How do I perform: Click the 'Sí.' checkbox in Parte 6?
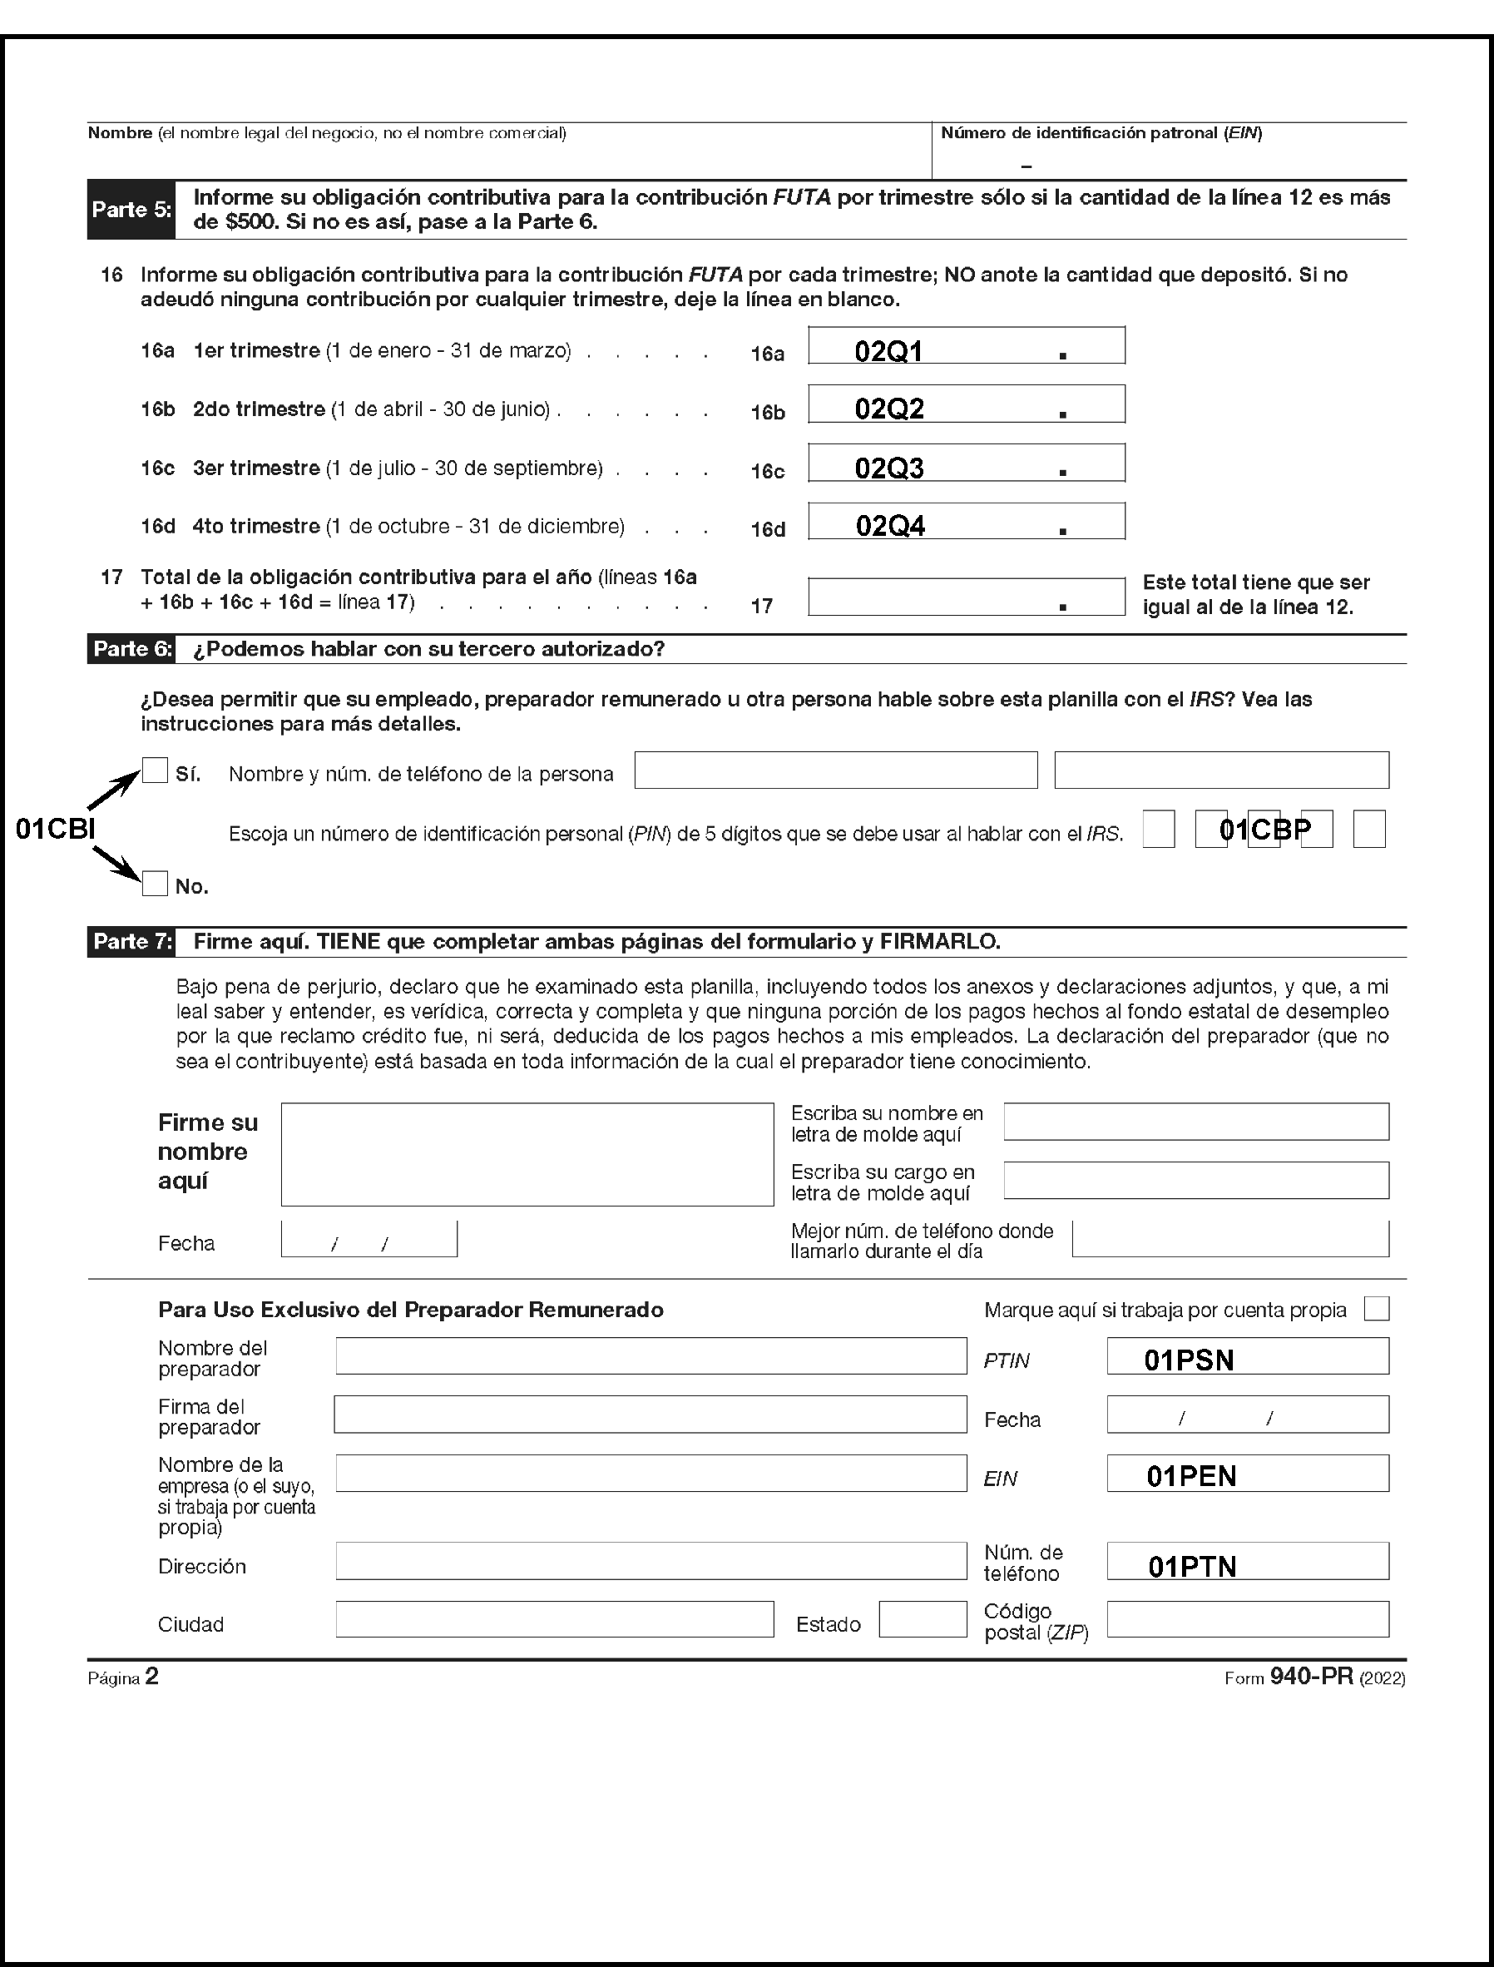(x=155, y=770)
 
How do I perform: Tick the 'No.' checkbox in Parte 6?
(x=155, y=884)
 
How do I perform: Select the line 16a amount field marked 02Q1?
(x=966, y=346)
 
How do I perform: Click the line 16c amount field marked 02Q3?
(x=966, y=463)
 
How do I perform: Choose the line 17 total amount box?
(x=966, y=596)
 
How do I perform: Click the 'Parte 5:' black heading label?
(x=131, y=210)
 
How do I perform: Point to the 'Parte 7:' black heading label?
(x=131, y=941)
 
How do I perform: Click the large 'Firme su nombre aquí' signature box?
(x=527, y=1154)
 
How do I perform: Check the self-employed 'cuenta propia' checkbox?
(x=1376, y=1309)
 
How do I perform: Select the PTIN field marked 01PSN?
(x=1247, y=1357)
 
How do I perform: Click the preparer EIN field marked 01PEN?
(x=1247, y=1474)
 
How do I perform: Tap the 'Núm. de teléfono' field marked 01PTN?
(x=1247, y=1561)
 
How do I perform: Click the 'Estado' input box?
(x=923, y=1619)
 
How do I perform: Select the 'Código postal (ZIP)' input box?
(x=1247, y=1619)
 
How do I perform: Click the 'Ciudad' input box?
(x=554, y=1619)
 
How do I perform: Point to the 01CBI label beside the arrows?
(x=55, y=829)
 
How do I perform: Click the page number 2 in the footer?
(x=152, y=1677)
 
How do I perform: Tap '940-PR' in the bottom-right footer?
(x=1311, y=1677)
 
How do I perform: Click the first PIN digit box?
(x=1158, y=829)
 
